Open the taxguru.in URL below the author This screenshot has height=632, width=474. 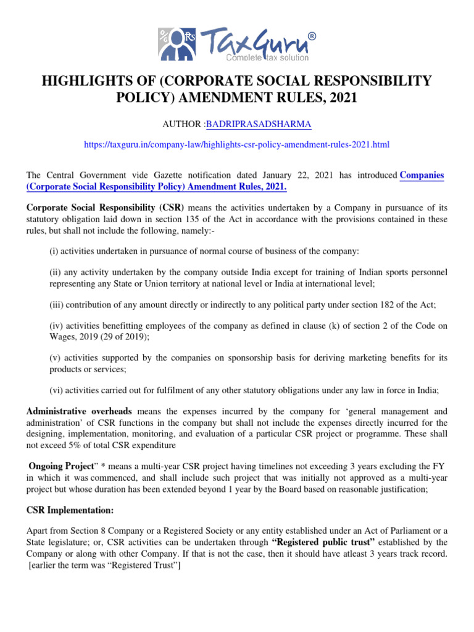(x=236, y=144)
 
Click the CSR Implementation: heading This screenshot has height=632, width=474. (x=61, y=510)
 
